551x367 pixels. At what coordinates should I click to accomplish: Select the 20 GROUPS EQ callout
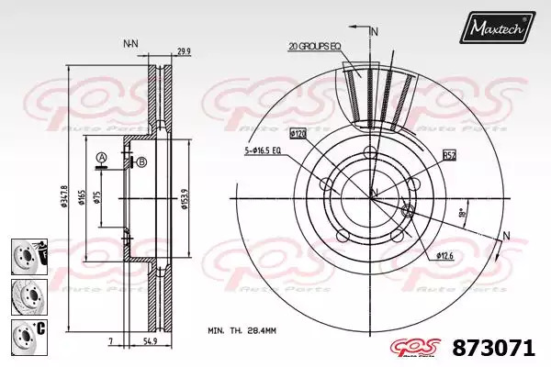[x=314, y=45]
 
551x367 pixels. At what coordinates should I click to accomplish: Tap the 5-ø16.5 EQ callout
[x=264, y=150]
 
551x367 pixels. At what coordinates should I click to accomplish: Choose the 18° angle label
[x=461, y=212]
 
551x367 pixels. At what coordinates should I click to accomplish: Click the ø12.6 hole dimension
[x=445, y=255]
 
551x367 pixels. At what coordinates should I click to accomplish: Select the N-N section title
[x=130, y=43]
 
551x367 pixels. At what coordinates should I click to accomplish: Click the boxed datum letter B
[x=142, y=162]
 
